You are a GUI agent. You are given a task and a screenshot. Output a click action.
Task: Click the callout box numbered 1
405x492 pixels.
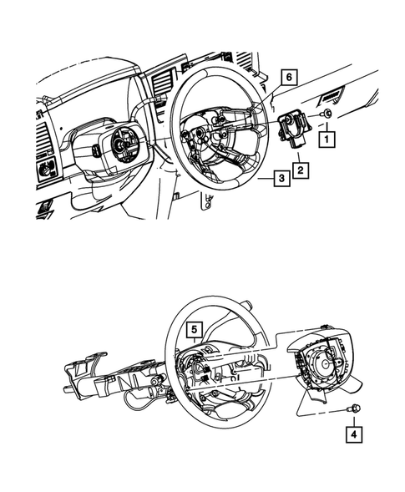[330, 136]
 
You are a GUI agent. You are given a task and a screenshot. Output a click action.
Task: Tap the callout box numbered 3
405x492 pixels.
[281, 179]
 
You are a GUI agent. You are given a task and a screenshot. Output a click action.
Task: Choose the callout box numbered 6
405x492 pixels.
[287, 77]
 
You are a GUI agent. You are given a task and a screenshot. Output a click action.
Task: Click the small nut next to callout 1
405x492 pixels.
[329, 113]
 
